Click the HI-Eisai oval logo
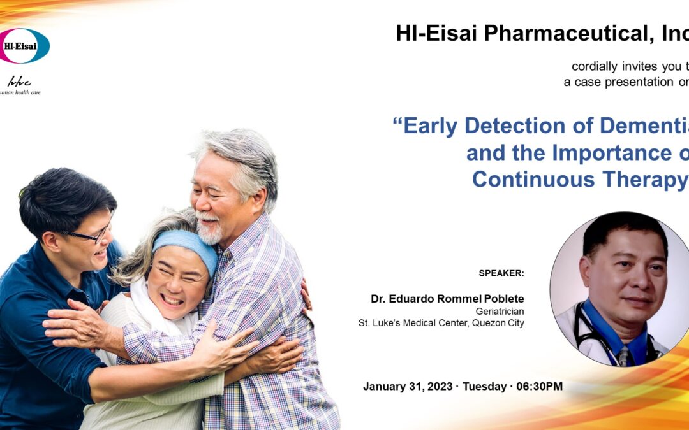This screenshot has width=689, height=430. [x=24, y=46]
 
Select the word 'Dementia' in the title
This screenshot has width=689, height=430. [x=628, y=125]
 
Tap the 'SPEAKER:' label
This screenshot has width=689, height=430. [x=501, y=273]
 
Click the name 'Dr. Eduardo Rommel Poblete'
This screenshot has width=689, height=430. [x=447, y=299]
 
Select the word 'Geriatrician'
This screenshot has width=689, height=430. [x=500, y=311]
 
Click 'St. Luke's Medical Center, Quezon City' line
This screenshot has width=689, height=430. [x=441, y=323]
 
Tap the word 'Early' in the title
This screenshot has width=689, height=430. [x=431, y=125]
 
